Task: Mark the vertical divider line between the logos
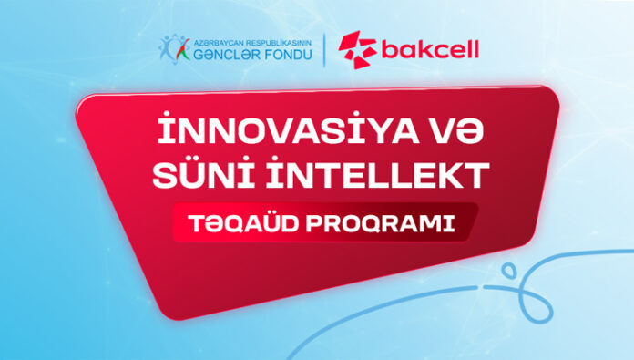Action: tap(325, 50)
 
